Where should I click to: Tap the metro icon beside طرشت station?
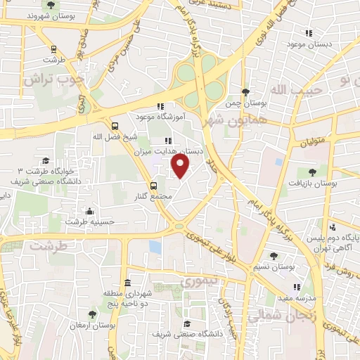point(53,49)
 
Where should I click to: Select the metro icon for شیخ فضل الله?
point(115,127)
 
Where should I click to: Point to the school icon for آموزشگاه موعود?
point(160,107)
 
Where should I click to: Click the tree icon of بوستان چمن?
point(245,92)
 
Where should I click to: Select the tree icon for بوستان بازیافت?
point(312,171)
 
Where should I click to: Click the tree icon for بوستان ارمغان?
point(93,314)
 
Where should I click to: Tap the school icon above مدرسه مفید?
point(297,287)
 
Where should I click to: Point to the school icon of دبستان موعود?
point(308,33)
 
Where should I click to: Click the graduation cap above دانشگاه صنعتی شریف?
point(187,323)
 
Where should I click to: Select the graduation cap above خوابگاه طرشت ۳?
point(46,161)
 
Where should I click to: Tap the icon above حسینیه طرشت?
point(89,211)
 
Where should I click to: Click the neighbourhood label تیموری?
point(195,281)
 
